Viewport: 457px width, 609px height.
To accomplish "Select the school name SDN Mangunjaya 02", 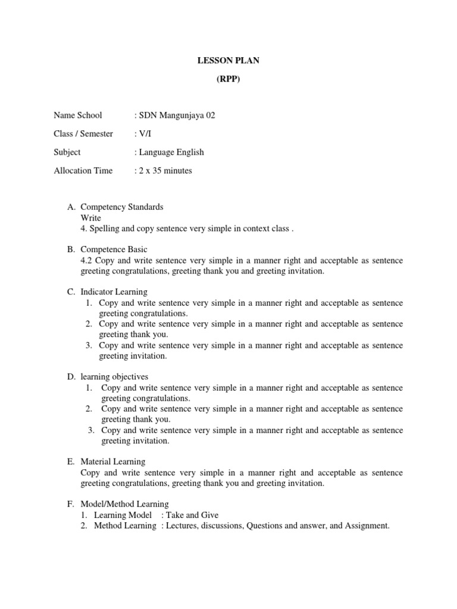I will point(177,115).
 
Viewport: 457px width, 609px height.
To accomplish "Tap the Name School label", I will point(78,115).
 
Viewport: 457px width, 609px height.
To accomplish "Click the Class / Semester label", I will point(83,134).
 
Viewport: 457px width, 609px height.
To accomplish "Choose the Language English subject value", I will point(171,152).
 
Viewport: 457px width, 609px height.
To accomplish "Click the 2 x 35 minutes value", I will point(165,171).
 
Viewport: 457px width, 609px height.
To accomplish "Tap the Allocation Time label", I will point(83,171).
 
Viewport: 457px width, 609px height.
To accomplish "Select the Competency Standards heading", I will point(122,207).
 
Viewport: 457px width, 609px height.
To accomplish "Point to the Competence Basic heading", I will point(114,249).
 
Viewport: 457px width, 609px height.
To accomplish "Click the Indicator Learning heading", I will point(114,292).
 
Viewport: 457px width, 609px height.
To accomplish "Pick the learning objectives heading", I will point(114,376).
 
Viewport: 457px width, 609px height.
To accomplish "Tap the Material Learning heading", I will point(113,462).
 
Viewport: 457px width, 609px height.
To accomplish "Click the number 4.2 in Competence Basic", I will point(87,260).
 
